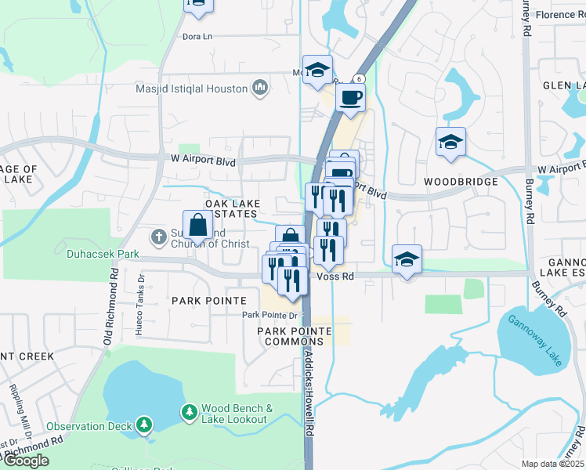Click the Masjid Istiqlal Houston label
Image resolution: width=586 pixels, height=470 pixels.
(x=192, y=89)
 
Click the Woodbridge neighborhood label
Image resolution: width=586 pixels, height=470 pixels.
(x=461, y=182)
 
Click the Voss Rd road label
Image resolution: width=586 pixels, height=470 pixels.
(x=335, y=277)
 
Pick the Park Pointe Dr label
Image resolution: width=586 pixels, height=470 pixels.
(x=271, y=316)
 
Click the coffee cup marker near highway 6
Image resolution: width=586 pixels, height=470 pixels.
(x=350, y=99)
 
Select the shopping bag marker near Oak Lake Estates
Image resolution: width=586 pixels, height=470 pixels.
(x=198, y=226)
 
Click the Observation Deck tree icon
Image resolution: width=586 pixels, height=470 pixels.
(x=143, y=425)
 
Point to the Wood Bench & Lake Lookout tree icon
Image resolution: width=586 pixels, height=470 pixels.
(x=189, y=411)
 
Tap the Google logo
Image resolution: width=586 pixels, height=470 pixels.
(x=27, y=461)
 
